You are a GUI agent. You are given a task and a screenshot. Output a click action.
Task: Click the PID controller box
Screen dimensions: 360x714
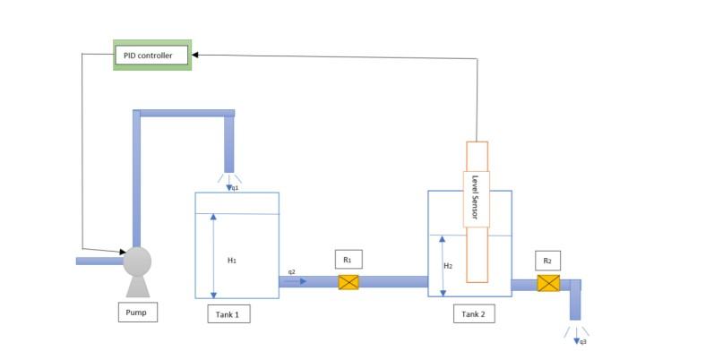151,56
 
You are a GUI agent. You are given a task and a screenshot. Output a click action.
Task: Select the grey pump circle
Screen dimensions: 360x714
136,261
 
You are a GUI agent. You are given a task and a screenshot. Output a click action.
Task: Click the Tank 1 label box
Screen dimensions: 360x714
228,313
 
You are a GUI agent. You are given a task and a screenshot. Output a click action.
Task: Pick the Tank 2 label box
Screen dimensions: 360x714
476,313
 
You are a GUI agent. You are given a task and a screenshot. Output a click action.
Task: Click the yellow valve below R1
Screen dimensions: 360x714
348,282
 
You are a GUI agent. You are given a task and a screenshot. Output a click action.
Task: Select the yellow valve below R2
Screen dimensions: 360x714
548,284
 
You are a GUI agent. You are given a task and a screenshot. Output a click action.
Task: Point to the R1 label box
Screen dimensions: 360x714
348,260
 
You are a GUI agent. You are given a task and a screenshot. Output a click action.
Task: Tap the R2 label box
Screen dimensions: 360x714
547,261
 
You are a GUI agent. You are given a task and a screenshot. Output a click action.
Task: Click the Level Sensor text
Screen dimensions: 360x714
476,198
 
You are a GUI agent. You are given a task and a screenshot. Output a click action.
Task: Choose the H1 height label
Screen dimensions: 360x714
231,260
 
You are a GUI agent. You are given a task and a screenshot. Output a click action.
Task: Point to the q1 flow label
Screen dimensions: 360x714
235,188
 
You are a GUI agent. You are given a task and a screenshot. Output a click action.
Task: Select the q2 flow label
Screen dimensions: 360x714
292,271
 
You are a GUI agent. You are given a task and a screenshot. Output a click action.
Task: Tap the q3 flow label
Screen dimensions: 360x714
583,341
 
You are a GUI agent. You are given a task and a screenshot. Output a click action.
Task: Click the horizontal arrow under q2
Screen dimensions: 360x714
296,281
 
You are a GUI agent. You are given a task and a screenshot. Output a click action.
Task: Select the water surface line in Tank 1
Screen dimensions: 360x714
237,214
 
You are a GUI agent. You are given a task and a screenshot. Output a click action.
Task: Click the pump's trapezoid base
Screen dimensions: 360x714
137,286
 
